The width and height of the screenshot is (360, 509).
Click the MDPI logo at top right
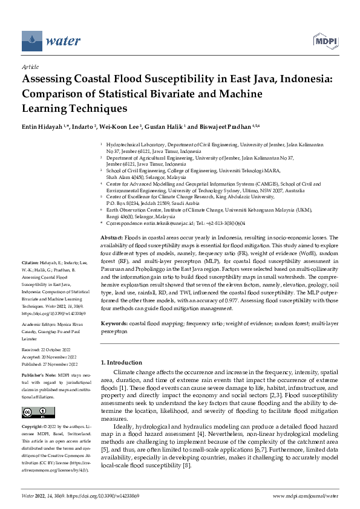pyautogui.click(x=325, y=41)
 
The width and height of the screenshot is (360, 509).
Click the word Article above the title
pyautogui.click(x=30, y=67)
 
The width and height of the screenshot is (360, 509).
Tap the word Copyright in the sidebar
pyautogui.click(x=32, y=427)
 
